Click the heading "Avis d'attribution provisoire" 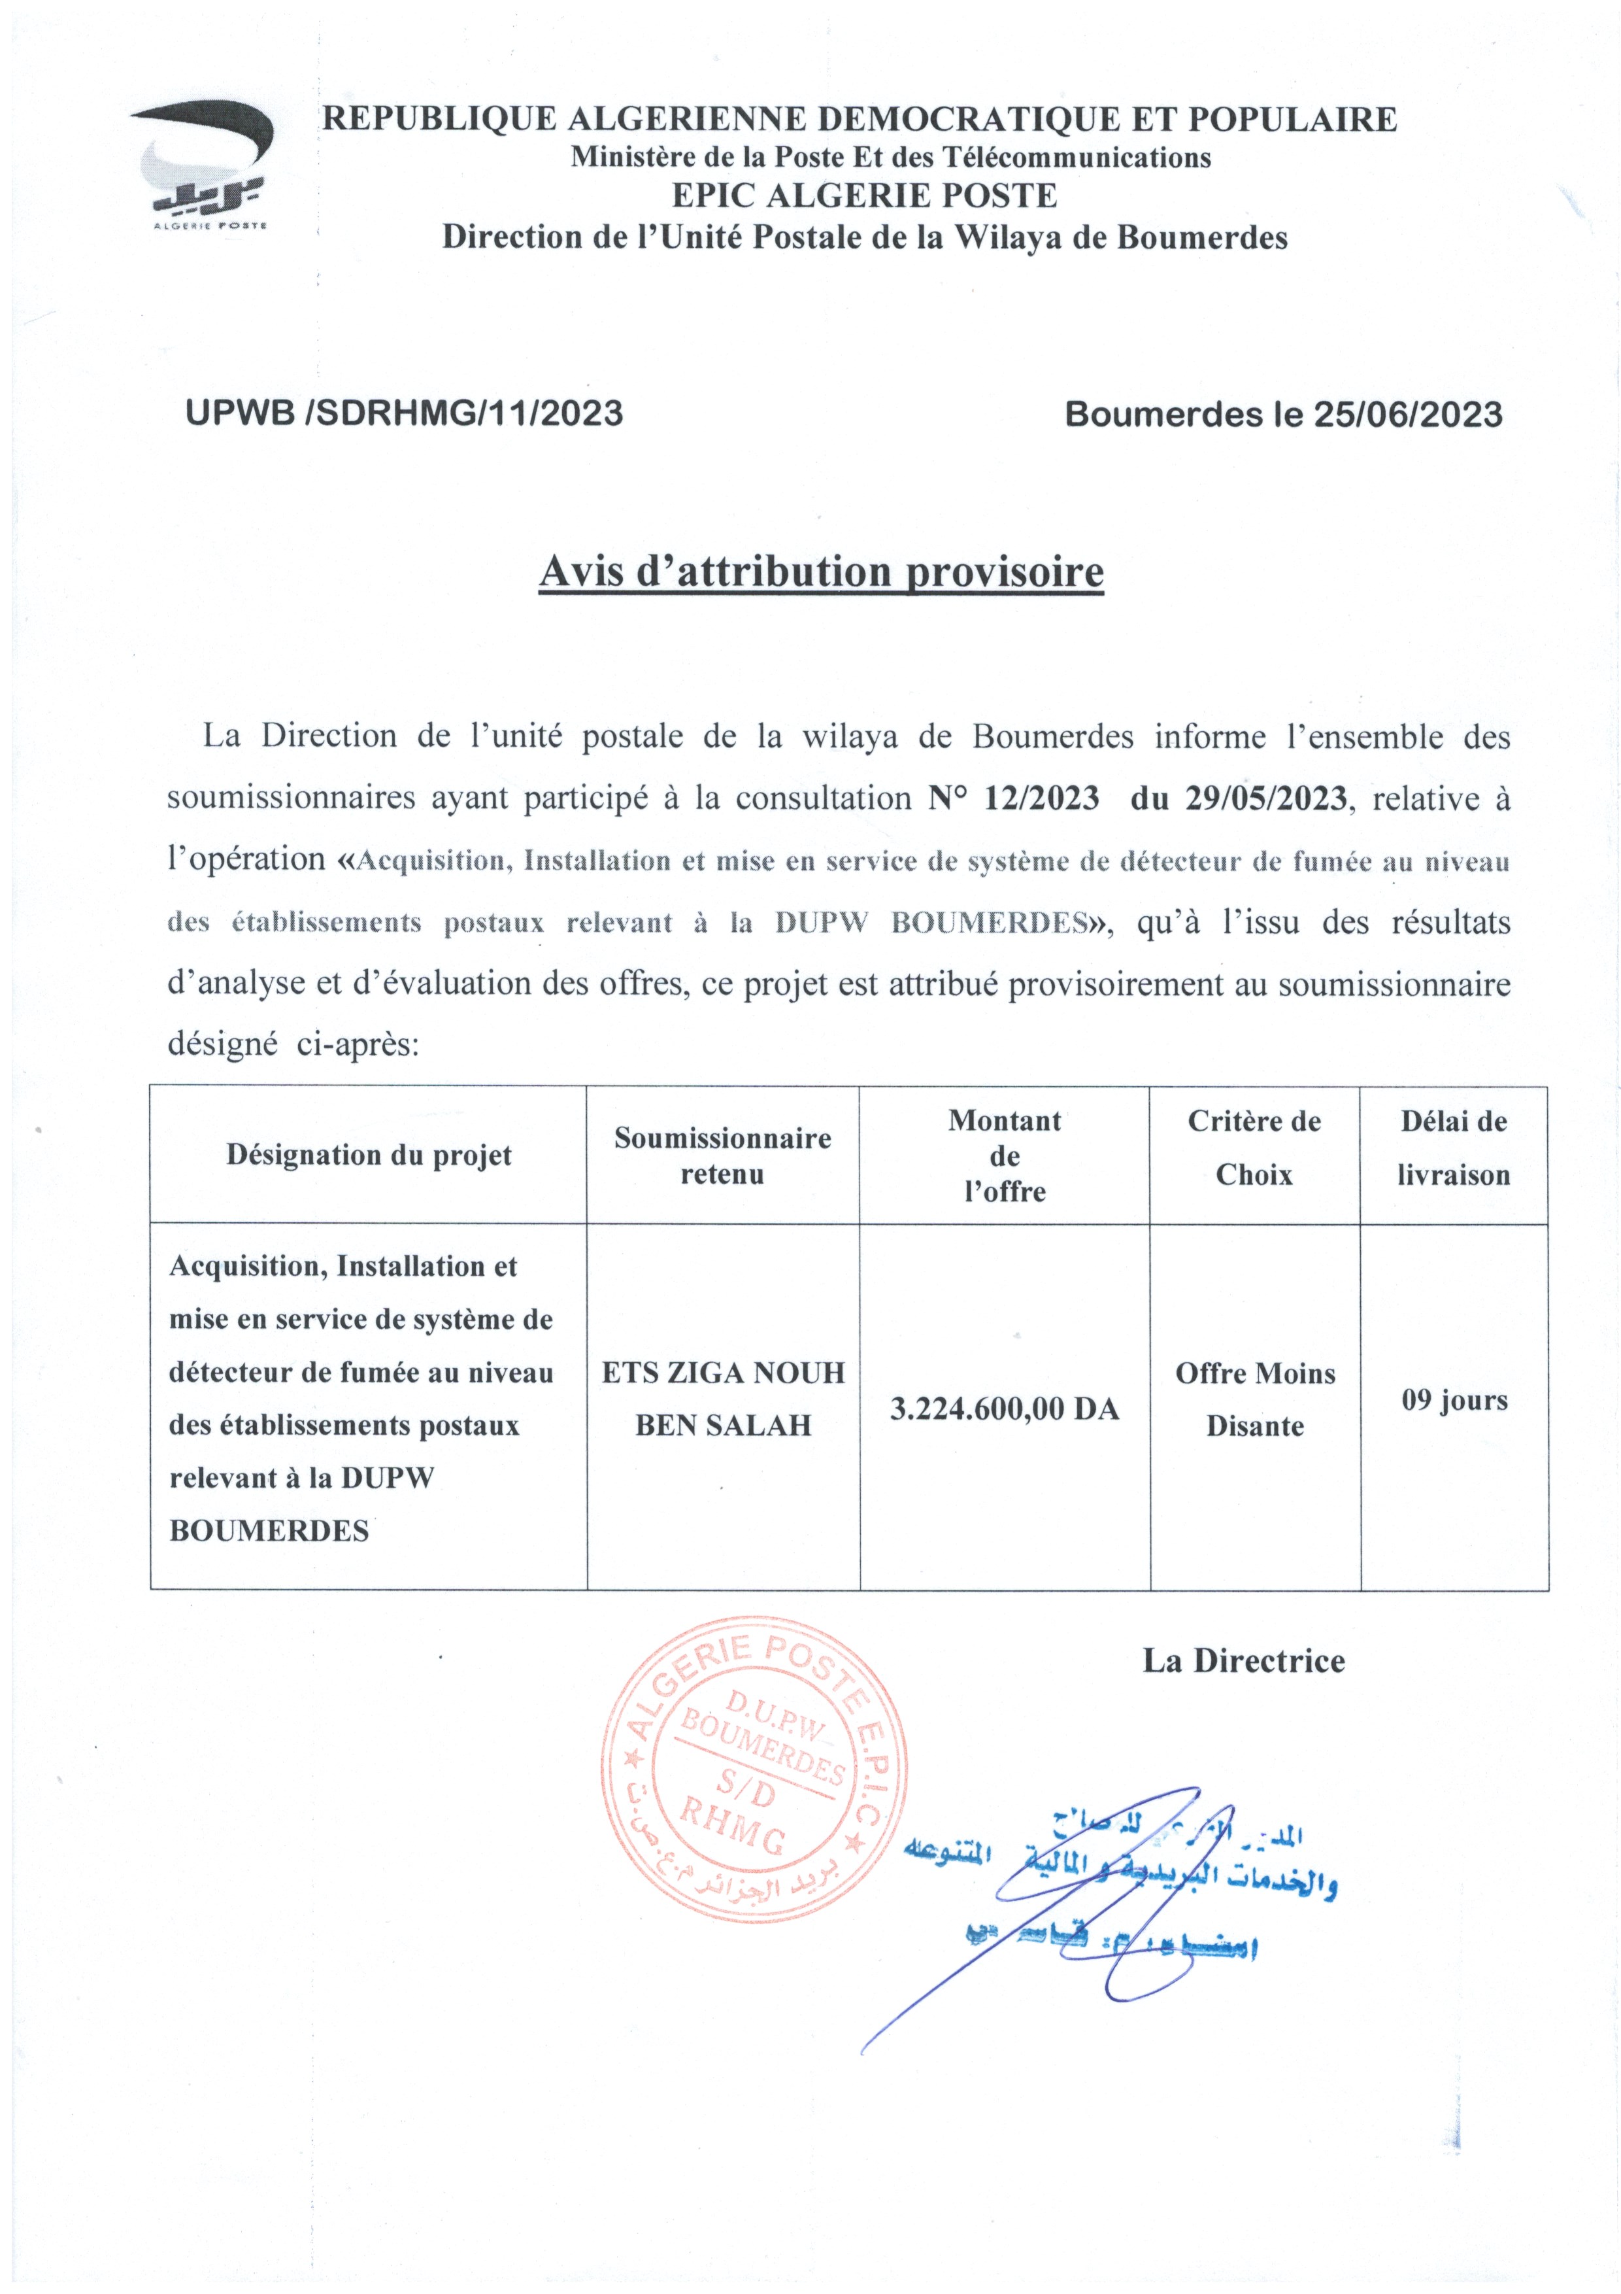821,572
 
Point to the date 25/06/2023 1407,415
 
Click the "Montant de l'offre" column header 1004,1156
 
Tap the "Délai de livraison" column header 1453,1148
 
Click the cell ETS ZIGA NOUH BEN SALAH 723,1399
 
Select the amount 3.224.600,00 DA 1004,1409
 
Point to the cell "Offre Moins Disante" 1254,1399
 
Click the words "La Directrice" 1243,1660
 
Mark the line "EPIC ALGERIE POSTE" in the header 865,196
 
